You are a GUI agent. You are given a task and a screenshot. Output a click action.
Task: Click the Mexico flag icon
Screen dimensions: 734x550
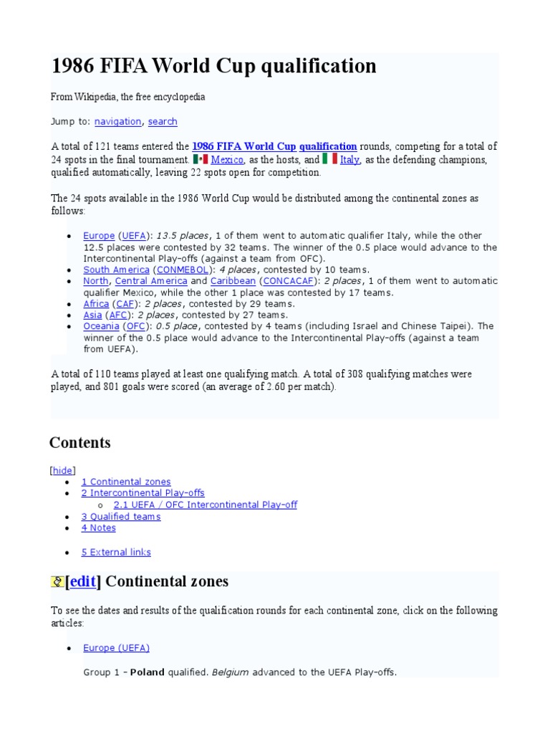[x=201, y=159]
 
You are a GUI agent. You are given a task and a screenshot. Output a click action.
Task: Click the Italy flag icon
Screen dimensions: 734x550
[x=329, y=159]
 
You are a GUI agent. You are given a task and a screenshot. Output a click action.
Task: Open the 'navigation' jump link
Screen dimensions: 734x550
[x=118, y=122]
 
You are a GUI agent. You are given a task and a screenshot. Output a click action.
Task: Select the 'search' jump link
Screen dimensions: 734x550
[x=163, y=122]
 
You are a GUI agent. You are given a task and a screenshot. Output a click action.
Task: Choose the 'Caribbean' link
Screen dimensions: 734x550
[x=233, y=282]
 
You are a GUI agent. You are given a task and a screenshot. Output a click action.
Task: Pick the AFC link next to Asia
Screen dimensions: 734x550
[x=118, y=315]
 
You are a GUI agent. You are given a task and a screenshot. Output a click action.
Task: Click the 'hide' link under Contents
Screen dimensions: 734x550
[x=62, y=471]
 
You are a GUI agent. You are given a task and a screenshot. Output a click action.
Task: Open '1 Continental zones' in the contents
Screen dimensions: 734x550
[x=126, y=482]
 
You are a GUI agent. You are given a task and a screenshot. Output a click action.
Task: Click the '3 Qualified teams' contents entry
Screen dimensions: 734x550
[x=121, y=517]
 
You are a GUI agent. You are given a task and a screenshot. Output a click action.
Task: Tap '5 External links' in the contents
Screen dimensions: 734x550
[x=116, y=553]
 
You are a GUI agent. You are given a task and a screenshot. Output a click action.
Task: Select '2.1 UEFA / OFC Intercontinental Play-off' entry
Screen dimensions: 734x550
[x=206, y=505]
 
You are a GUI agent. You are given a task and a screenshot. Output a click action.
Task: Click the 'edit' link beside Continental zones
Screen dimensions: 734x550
[x=82, y=581]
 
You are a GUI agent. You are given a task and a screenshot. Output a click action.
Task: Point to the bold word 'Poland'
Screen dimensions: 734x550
[x=147, y=672]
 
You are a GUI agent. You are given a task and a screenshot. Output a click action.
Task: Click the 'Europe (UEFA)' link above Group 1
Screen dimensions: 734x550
[x=116, y=648]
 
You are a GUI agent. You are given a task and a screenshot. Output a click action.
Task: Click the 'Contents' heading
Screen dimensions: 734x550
[x=79, y=443]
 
